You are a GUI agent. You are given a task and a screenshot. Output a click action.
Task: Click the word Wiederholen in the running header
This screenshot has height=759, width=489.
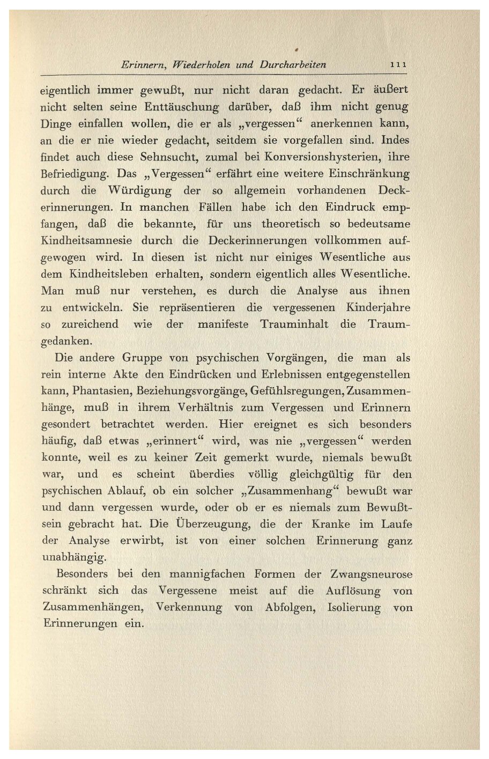(195, 65)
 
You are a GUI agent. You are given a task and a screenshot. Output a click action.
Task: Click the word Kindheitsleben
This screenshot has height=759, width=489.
(109, 275)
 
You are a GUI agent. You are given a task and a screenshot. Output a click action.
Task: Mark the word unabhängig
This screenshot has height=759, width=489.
(75, 557)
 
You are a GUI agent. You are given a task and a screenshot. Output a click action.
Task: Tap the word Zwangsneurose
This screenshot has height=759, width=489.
(372, 574)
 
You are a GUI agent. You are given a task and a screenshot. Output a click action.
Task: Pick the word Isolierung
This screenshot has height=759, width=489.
(349, 608)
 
